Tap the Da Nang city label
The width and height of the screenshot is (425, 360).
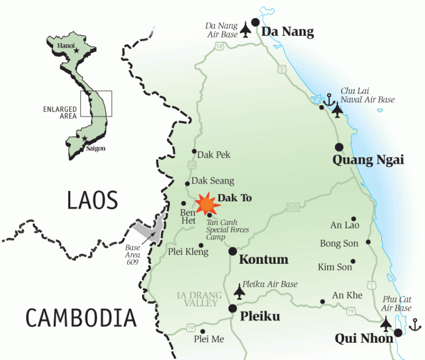(x=287, y=32)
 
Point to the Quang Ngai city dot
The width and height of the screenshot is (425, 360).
(x=339, y=147)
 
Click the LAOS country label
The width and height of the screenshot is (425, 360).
(x=92, y=200)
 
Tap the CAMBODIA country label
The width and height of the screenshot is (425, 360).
(x=81, y=318)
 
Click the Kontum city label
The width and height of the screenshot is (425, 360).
(x=263, y=259)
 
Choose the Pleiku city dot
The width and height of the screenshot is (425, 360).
(x=232, y=309)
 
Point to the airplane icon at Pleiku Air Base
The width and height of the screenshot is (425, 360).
(x=240, y=290)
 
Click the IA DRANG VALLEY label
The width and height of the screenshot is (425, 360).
(x=199, y=299)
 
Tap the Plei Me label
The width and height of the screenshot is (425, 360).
(x=209, y=339)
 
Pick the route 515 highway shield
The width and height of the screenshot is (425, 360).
(x=292, y=207)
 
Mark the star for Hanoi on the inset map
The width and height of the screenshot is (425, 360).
(x=76, y=51)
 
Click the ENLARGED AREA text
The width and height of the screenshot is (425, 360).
(x=60, y=113)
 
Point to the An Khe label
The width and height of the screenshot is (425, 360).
(x=347, y=295)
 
